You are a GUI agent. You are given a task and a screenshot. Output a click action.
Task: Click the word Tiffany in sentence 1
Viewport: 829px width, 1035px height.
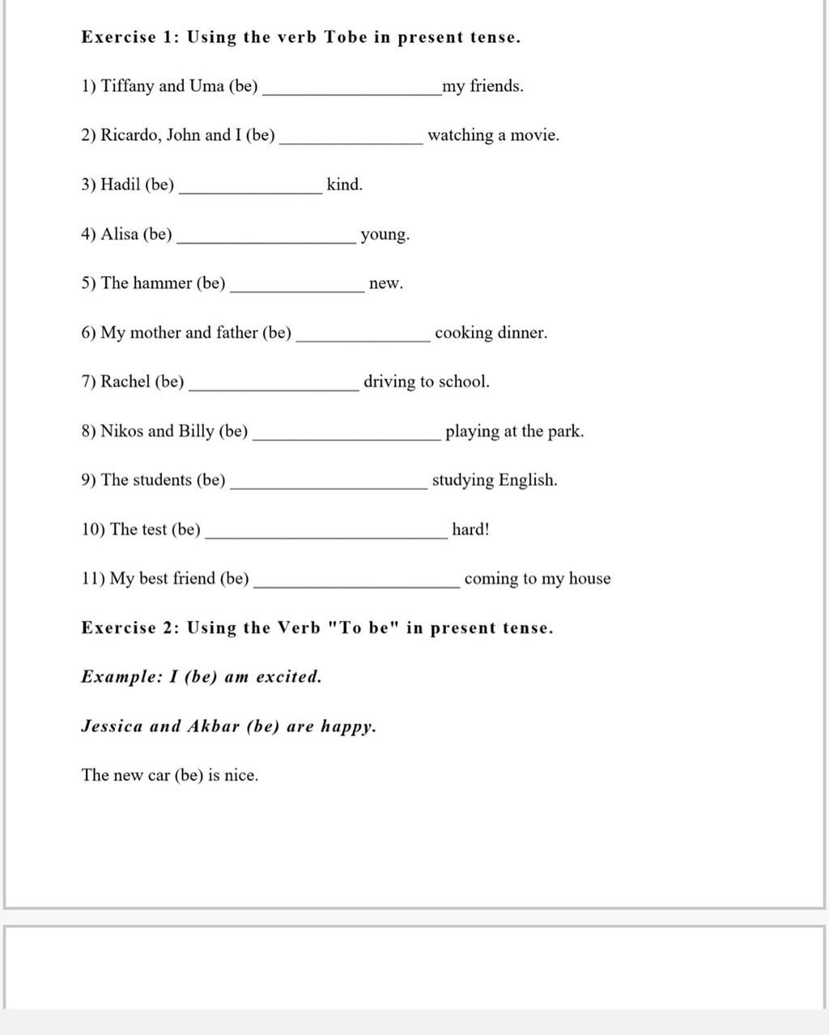tap(127, 87)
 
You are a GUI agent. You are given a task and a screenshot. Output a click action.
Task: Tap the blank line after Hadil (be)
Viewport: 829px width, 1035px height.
tap(249, 192)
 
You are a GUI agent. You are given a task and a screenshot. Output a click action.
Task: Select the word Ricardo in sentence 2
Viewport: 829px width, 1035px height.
tap(130, 135)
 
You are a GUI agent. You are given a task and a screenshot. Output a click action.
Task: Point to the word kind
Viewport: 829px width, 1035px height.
tap(344, 185)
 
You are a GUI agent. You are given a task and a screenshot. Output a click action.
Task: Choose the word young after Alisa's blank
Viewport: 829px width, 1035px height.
tap(385, 235)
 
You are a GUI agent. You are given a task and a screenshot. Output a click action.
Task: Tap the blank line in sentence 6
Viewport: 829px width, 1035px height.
tap(363, 340)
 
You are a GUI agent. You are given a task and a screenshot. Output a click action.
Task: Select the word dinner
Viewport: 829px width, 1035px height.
tap(522, 333)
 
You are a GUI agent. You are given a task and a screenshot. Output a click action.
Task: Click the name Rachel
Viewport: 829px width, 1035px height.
tap(125, 381)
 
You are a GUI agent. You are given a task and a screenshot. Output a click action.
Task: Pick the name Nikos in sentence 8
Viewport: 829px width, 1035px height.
tap(122, 431)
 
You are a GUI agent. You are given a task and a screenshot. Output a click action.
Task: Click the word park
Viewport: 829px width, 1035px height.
tap(565, 431)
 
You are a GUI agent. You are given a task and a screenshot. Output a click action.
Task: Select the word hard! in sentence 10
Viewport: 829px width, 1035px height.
tap(470, 530)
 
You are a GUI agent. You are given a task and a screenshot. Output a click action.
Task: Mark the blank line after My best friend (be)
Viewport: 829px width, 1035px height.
tap(356, 586)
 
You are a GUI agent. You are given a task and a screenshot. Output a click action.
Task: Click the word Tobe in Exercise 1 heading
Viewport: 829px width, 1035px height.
tap(346, 37)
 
